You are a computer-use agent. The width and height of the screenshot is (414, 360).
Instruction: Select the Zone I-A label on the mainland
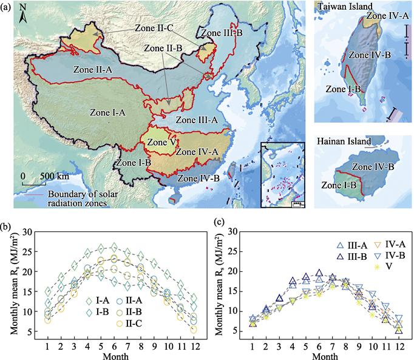pos(107,112)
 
